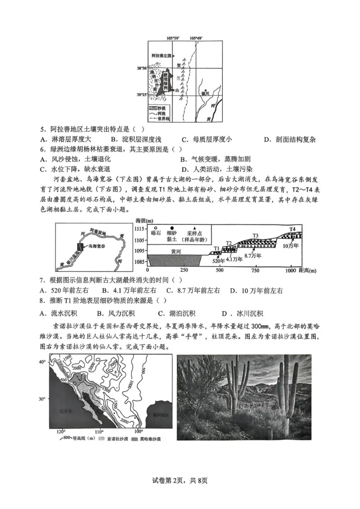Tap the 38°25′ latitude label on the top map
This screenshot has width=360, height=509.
click(142, 95)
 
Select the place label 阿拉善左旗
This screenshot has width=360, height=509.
click(162, 55)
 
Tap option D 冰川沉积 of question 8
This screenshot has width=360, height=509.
click(242, 314)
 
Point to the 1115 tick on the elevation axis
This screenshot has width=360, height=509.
click(141, 230)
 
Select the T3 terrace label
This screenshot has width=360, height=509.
click(255, 235)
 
